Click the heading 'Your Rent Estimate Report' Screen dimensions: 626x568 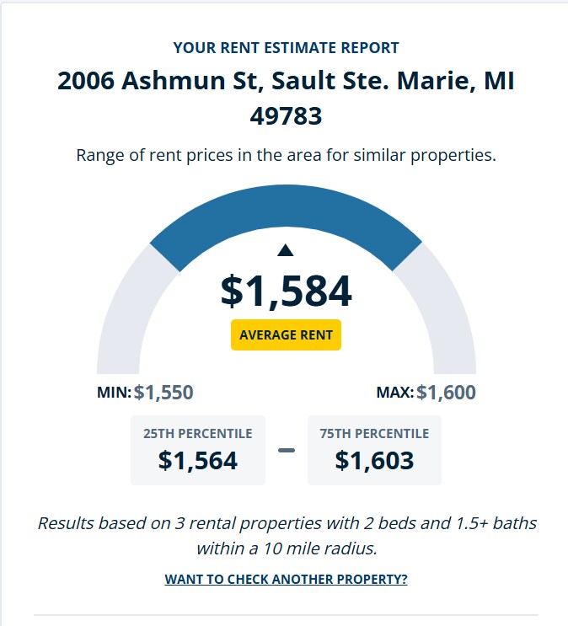[x=286, y=48]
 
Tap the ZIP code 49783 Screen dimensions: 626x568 [x=286, y=115]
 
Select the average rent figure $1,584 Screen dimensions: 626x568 [x=286, y=291]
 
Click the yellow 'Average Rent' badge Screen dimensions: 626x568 [x=286, y=334]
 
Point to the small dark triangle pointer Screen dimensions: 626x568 [x=286, y=249]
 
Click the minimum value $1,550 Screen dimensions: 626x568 [x=163, y=392]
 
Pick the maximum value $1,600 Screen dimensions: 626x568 [x=446, y=392]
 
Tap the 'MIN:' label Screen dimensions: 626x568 [x=115, y=393]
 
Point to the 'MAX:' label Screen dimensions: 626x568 [x=395, y=393]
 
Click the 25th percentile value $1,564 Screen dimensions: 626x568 [x=198, y=460]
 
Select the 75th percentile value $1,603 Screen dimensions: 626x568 [x=374, y=460]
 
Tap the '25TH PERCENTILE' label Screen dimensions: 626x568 [x=198, y=434]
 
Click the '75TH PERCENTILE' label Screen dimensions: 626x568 [x=374, y=434]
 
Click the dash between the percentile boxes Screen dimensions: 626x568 [x=287, y=450]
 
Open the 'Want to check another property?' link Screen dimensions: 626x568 [x=286, y=580]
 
